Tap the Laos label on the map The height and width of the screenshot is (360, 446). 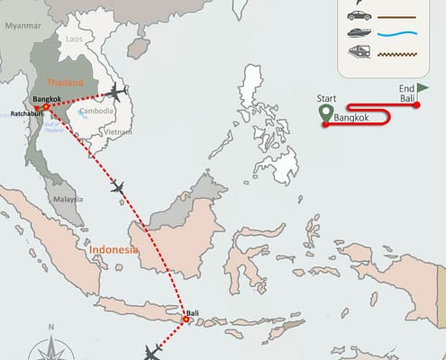pyautogui.click(x=75, y=40)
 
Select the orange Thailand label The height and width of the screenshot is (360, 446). pyautogui.click(x=65, y=83)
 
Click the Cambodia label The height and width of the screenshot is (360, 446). pyautogui.click(x=96, y=112)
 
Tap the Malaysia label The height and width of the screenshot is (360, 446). pyautogui.click(x=68, y=199)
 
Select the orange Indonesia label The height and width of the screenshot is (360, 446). pyautogui.click(x=114, y=249)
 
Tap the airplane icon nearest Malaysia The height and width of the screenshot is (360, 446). pyautogui.click(x=117, y=187)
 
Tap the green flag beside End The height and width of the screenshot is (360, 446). pyautogui.click(x=423, y=88)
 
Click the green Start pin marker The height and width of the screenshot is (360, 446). pyautogui.click(x=326, y=114)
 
